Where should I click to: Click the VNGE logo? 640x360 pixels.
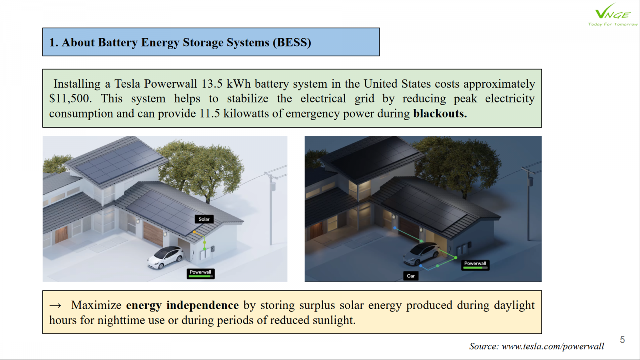coord(612,14)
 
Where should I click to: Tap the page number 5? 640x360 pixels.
coord(622,340)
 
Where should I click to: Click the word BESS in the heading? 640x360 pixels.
coord(292,42)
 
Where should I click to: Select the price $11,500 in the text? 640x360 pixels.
coord(70,99)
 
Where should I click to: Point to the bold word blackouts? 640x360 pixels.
coord(440,114)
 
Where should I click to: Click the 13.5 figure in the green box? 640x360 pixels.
coord(212,84)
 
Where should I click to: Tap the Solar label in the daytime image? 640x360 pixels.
coord(204,219)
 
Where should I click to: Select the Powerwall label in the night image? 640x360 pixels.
coord(475,264)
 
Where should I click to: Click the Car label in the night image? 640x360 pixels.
coord(410,276)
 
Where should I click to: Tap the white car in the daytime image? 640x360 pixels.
coord(165,257)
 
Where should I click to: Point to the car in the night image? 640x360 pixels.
coord(421,254)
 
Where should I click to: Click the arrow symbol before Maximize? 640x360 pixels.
coord(56,306)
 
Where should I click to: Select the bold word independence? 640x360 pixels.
coord(202,305)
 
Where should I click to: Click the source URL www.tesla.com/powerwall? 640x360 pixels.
coord(552,346)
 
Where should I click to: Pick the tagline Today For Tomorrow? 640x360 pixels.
coord(612,24)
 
